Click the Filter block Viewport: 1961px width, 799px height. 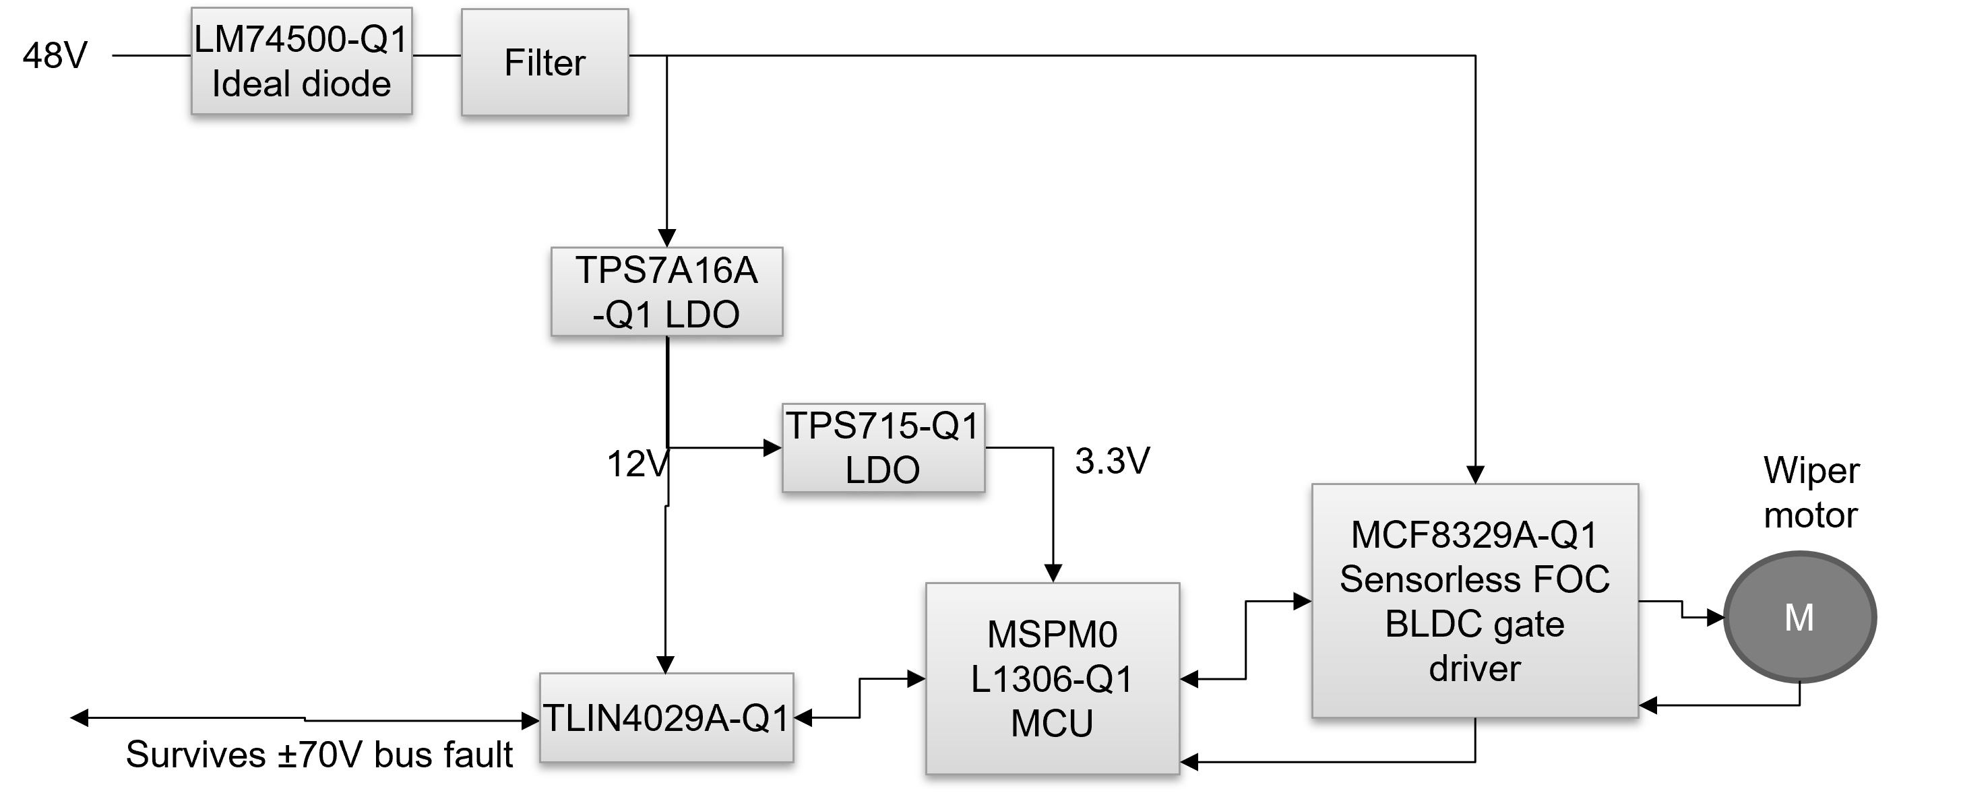pos(544,63)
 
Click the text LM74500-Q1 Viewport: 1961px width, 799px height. pos(301,40)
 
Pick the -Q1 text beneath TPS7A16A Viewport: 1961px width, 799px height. pos(622,314)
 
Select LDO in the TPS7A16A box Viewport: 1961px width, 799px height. pos(702,314)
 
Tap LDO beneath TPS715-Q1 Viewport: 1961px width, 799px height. pos(882,470)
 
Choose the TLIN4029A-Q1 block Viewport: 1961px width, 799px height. pos(666,717)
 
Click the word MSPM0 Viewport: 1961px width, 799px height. pos(1052,635)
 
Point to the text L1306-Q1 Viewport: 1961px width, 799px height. pos(1052,679)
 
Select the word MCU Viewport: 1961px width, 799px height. pos(1052,723)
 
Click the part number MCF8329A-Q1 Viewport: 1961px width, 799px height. pos(1474,535)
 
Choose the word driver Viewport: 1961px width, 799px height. pos(1474,669)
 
